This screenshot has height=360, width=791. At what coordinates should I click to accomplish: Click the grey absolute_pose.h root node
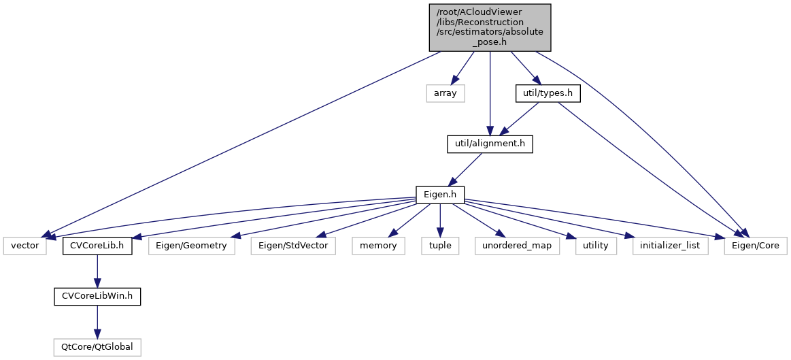pos(489,27)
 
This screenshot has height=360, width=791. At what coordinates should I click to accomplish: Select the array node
pos(445,93)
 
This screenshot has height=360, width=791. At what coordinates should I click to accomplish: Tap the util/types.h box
pos(547,93)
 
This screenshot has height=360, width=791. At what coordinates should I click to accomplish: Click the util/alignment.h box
pos(489,144)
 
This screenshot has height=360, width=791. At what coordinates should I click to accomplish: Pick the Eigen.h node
pos(439,195)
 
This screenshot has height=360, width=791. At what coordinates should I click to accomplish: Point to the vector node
pos(25,246)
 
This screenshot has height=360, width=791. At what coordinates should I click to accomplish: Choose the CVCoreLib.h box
pos(97,246)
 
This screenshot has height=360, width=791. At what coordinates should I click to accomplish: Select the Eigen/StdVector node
pos(293,246)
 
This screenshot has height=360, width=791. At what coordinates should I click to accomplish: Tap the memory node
pos(378,246)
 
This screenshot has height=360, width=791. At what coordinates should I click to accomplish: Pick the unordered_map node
pos(517,246)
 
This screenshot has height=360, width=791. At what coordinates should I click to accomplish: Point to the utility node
pos(595,246)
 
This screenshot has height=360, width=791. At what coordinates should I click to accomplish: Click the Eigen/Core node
pos(756,246)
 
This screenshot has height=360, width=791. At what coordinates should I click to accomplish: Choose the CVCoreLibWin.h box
pos(97,297)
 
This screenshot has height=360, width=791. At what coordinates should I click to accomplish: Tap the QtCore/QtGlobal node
pos(97,348)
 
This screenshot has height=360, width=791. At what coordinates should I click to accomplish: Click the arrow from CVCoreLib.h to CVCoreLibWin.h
pos(97,272)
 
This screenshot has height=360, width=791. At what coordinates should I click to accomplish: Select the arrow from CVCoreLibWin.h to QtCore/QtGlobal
pos(97,322)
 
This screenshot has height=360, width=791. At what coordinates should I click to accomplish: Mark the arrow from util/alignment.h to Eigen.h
pos(465,170)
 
